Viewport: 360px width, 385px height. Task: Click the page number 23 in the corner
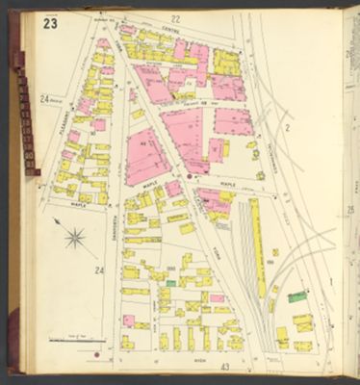pos(49,23)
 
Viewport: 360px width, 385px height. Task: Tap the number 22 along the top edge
pos(174,18)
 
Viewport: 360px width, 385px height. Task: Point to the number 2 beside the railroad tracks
pos(287,126)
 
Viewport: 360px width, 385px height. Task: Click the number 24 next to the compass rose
pos(98,271)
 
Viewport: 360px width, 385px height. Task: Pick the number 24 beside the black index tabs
pos(44,98)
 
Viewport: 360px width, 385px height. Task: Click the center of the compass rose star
pos(75,237)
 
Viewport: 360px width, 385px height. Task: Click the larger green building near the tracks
pos(297,296)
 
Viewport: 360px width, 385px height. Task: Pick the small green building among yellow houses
pos(171,283)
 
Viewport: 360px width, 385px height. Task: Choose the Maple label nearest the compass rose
pos(79,204)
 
